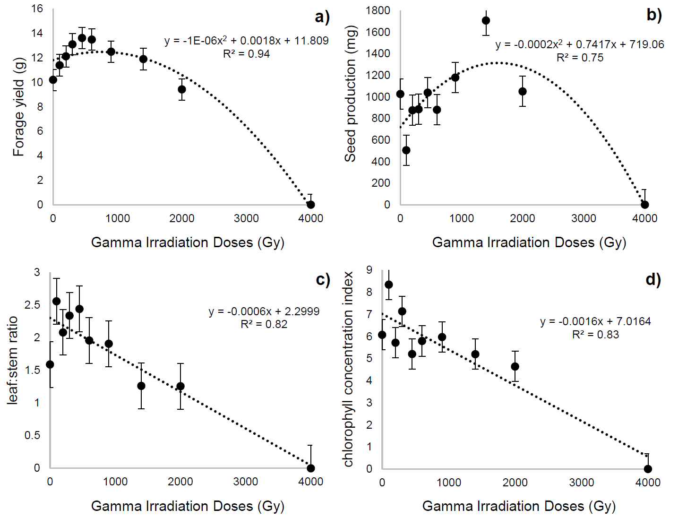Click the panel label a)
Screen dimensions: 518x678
coord(322,17)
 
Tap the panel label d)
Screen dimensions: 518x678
coord(653,279)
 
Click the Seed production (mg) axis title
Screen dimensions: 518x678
coord(350,94)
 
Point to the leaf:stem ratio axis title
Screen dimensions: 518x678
coord(13,361)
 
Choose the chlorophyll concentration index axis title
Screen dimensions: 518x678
coord(348,369)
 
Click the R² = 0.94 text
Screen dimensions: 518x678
coord(246,54)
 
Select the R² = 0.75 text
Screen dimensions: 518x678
coord(580,58)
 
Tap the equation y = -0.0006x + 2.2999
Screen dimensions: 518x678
coord(264,311)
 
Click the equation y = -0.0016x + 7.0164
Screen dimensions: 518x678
coord(595,321)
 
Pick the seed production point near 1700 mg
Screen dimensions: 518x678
coord(486,21)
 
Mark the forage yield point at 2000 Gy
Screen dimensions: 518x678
coord(182,89)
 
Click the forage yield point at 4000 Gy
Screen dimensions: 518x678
coord(311,205)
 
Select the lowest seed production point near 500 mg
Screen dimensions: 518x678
coord(406,150)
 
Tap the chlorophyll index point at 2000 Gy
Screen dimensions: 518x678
coord(515,367)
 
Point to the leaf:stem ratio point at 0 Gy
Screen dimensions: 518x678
coord(50,364)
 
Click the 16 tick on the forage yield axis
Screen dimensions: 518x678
coord(37,9)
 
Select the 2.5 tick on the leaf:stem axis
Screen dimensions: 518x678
coord(33,305)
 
